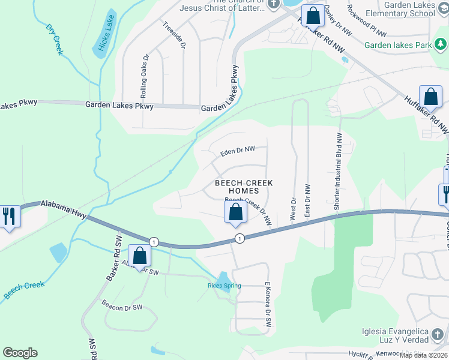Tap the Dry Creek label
click(54, 40)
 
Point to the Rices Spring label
click(224, 286)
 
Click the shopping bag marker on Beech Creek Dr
click(235, 212)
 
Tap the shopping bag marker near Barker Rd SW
click(140, 256)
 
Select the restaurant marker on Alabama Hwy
click(8, 215)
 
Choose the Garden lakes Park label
click(398, 45)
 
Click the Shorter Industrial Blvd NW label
click(337, 170)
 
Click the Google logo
click(20, 353)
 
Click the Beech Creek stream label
click(24, 289)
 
